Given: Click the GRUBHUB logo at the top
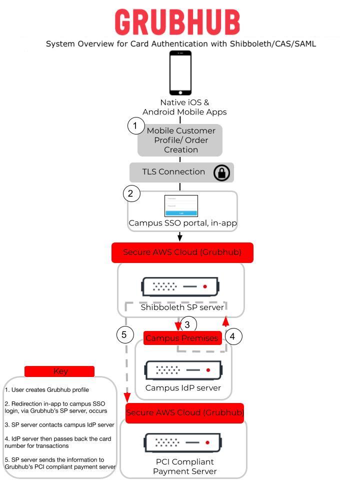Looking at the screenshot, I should click(177, 22).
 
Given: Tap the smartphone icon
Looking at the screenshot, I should click(180, 72).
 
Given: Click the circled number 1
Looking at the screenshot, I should click(135, 126).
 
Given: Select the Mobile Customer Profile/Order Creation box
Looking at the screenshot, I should click(180, 140).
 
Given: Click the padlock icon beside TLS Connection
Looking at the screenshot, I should click(221, 172).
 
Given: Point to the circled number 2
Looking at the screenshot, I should click(131, 193).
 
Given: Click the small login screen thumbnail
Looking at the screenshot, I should click(181, 205).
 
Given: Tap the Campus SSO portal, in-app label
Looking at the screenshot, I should click(182, 223).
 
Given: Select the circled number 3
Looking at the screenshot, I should click(187, 324).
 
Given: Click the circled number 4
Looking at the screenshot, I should click(232, 336).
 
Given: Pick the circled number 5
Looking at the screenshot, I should click(124, 334).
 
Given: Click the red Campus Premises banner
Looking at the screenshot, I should click(182, 338).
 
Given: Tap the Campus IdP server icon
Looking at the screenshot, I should click(183, 370).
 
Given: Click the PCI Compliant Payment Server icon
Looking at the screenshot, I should click(183, 442).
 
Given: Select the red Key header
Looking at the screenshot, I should click(59, 371).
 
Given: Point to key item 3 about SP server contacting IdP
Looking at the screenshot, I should click(59, 424).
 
